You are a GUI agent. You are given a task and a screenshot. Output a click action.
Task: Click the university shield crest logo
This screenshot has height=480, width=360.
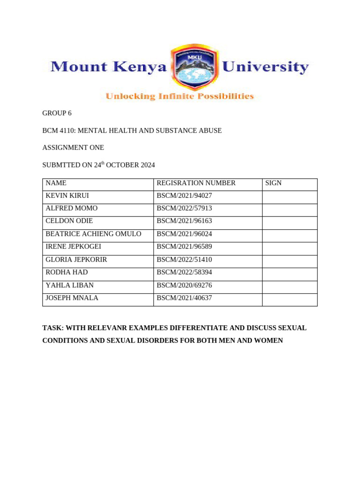click(x=195, y=67)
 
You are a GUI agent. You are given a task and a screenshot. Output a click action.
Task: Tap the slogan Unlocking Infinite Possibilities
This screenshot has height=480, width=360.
click(x=180, y=97)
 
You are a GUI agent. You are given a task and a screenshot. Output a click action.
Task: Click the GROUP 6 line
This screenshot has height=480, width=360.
click(x=57, y=113)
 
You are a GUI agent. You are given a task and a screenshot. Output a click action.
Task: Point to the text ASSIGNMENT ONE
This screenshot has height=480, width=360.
click(x=73, y=148)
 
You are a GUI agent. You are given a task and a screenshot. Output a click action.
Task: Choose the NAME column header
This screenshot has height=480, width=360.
click(x=56, y=183)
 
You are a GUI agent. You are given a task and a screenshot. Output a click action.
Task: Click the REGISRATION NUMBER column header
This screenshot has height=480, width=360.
click(x=196, y=183)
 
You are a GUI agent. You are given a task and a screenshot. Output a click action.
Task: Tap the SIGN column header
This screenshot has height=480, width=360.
click(x=273, y=183)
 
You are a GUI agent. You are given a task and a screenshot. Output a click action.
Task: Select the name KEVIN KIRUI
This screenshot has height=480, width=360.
click(x=67, y=195)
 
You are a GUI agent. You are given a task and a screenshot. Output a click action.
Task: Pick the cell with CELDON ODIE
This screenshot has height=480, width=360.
click(x=69, y=221)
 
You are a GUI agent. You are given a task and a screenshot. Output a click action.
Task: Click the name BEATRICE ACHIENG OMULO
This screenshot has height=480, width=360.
click(x=93, y=233)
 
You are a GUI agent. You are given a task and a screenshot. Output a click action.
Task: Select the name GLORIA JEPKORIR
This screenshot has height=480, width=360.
click(x=76, y=259)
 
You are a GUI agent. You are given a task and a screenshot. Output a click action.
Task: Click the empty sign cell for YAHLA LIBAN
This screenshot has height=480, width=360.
click(x=289, y=285)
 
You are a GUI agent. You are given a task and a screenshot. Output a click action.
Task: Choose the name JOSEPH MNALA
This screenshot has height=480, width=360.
click(x=72, y=298)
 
